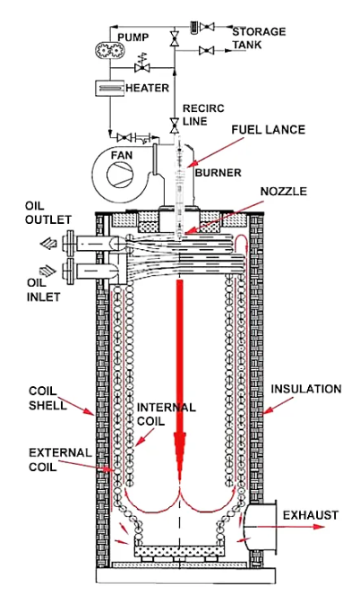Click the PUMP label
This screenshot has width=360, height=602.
133,38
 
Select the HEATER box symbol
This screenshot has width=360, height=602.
110,88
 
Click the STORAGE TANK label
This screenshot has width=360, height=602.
259,38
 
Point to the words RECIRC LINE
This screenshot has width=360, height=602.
203,115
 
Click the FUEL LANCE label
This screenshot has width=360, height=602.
269,130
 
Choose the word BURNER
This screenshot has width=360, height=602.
219,173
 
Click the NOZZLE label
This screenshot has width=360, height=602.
284,191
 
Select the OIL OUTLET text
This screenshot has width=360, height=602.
48,212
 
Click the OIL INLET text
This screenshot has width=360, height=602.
43,290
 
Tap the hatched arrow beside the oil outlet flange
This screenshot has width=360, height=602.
48,244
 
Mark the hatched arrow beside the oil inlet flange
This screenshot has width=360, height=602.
47,271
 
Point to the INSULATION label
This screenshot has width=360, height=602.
306,389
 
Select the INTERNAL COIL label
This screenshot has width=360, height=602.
167,414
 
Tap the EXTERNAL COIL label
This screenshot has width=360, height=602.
60,460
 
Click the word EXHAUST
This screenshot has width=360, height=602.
311,515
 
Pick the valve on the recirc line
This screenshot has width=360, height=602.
175,124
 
